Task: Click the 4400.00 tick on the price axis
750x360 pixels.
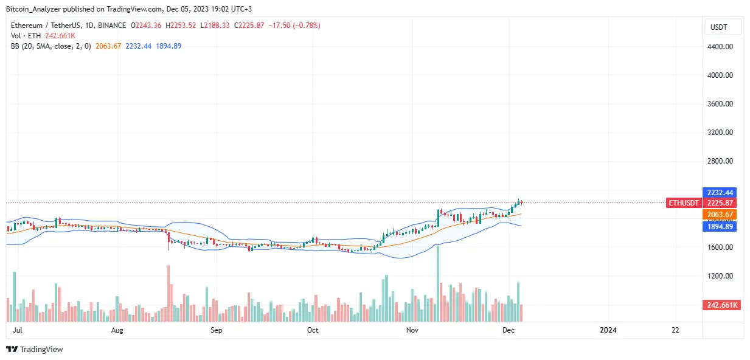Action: [721, 47]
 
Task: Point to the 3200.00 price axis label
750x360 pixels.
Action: [721, 133]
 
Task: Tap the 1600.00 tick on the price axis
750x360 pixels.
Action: [721, 247]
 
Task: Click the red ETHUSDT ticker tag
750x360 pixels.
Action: [684, 202]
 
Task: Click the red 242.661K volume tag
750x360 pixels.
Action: [721, 305]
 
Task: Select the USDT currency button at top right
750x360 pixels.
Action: [723, 27]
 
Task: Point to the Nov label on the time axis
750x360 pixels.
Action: [412, 330]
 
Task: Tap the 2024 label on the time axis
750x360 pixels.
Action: [608, 330]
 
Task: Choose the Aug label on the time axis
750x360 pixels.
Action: [117, 330]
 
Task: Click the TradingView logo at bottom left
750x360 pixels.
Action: [35, 350]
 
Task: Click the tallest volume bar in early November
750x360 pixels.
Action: [437, 286]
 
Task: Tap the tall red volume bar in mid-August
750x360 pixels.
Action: [168, 295]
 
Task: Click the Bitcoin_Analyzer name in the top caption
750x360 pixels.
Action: [31, 9]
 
